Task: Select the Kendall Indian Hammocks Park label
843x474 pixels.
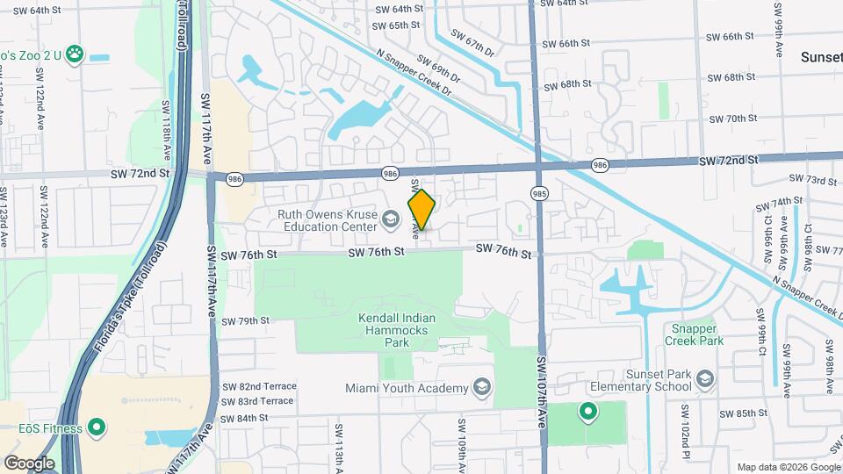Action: [397, 333]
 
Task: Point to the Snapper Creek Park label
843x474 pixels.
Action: [694, 334]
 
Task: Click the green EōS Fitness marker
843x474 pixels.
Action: [97, 428]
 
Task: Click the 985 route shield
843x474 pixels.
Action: [539, 192]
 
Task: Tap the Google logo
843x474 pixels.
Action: [29, 463]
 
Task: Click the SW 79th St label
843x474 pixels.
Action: [245, 321]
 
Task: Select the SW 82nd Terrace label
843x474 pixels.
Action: [257, 386]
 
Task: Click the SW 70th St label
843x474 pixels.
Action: [732, 118]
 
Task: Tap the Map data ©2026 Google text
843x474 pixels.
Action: [787, 467]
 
